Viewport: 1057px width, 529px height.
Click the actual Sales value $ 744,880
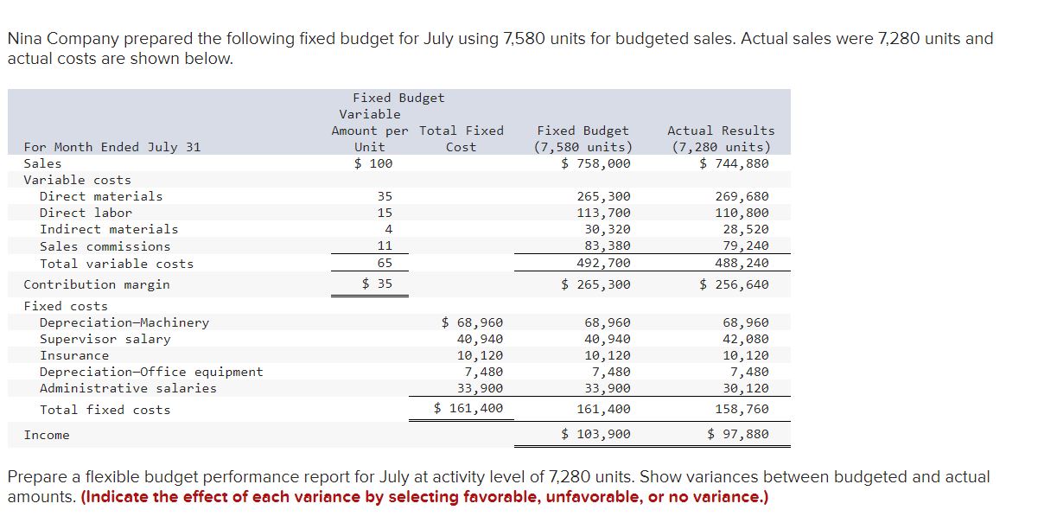click(734, 163)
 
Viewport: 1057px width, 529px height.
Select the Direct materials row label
click(101, 196)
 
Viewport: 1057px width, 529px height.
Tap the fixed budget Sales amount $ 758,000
click(596, 163)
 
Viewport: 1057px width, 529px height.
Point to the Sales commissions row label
click(105, 246)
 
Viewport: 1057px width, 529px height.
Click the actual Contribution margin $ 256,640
click(734, 284)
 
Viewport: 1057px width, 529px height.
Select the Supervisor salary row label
click(105, 339)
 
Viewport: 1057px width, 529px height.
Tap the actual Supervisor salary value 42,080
click(746, 339)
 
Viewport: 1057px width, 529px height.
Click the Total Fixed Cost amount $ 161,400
click(468, 408)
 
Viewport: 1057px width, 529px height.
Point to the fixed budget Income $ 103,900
click(596, 434)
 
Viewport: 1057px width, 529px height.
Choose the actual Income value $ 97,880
click(738, 434)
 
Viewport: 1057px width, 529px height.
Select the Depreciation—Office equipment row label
click(151, 372)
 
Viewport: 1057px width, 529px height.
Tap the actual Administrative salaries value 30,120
click(746, 388)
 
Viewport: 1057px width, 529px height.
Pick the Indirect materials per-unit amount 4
click(388, 229)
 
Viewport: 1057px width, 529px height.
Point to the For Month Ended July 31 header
click(112, 147)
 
